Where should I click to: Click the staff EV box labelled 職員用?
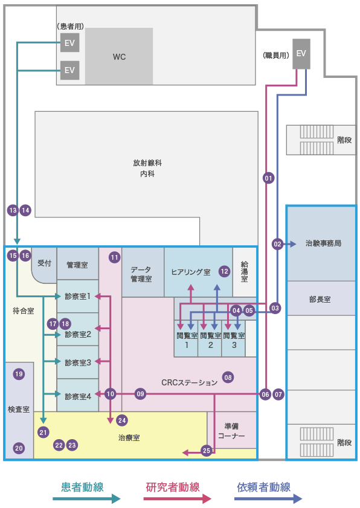click(x=301, y=54)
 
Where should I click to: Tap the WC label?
click(x=119, y=57)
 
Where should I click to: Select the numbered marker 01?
click(x=268, y=178)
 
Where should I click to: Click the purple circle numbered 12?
click(x=225, y=271)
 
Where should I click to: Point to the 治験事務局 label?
click(x=323, y=243)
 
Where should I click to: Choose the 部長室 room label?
click(x=320, y=300)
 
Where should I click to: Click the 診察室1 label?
click(x=78, y=296)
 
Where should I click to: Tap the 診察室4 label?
click(x=78, y=396)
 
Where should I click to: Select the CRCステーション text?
click(x=190, y=382)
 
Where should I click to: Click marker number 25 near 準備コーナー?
click(x=207, y=451)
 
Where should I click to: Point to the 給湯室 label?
click(x=244, y=272)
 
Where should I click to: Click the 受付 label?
click(x=44, y=263)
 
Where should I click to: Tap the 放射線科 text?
click(x=147, y=163)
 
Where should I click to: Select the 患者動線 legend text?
click(x=82, y=487)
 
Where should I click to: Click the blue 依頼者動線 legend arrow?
click(x=268, y=498)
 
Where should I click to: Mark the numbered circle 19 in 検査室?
click(x=19, y=374)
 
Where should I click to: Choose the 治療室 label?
click(x=129, y=438)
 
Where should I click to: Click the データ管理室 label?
click(x=141, y=274)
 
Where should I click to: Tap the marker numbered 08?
click(x=228, y=377)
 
